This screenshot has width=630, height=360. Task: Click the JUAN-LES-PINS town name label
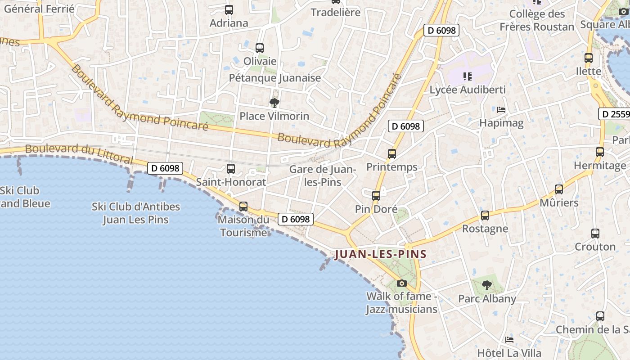[380, 254]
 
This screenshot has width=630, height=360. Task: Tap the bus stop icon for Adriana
[229, 9]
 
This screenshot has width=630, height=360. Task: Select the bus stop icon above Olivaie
[259, 48]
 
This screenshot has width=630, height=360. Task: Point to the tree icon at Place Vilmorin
[274, 103]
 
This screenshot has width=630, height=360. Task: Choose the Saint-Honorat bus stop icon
[231, 169]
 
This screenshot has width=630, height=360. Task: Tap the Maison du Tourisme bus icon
[243, 207]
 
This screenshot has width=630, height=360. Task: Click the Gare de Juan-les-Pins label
[322, 175]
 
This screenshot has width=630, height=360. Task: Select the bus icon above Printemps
[392, 154]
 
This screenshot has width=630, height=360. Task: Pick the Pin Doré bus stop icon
[376, 196]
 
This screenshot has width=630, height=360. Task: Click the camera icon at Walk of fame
[402, 283]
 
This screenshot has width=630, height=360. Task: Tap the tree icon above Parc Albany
[486, 285]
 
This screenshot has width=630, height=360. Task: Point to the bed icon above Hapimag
[501, 110]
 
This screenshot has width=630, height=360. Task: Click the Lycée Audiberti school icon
[468, 76]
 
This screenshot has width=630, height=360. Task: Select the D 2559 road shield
[614, 114]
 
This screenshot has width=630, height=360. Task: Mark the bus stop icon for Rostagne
[485, 216]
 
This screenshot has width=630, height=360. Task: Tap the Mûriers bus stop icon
[559, 189]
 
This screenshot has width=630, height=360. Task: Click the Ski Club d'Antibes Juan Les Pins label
[136, 213]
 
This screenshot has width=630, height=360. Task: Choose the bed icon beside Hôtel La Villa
[509, 340]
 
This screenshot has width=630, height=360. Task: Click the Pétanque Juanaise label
[275, 78]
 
